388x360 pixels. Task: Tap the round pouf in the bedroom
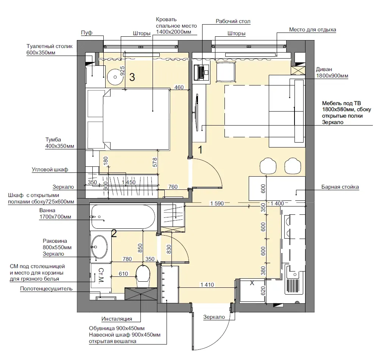click(115, 77)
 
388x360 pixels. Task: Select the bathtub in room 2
click(123, 217)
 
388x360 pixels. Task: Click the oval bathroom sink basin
click(100, 247)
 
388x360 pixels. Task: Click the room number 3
click(132, 77)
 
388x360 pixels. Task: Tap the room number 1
click(200, 150)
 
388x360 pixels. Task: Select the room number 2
click(114, 233)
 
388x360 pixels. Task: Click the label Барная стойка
click(340, 187)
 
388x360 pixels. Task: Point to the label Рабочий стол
click(233, 21)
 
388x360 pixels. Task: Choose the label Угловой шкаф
click(50, 170)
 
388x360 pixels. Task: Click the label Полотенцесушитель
click(46, 289)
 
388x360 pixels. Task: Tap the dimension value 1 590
click(217, 203)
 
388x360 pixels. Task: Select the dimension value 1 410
click(207, 285)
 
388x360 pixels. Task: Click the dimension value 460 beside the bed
click(179, 87)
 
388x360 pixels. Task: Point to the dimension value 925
click(122, 71)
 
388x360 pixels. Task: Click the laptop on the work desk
click(201, 73)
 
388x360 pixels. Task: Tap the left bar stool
click(268, 166)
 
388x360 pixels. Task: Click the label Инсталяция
click(117, 319)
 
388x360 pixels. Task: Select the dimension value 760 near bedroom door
click(173, 187)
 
